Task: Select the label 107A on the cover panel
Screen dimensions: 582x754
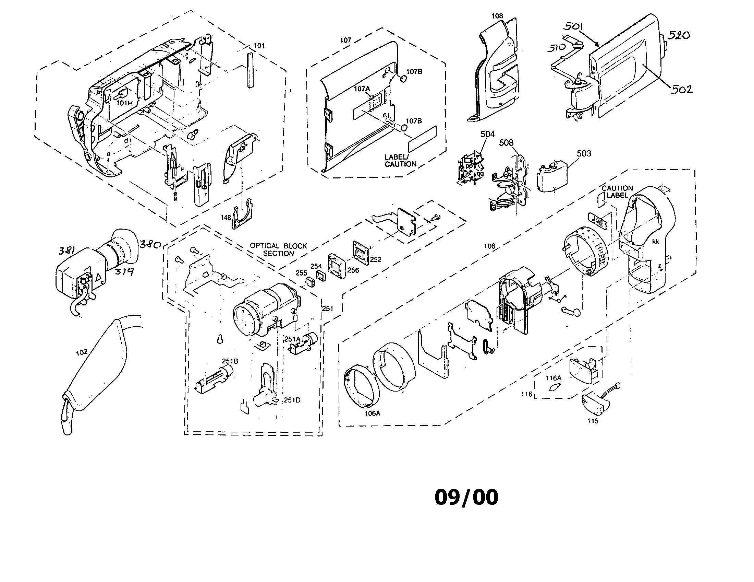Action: (362, 89)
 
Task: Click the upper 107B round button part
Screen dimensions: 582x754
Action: (402, 79)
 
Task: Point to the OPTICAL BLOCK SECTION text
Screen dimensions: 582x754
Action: (278, 249)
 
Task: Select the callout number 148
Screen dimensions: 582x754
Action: (226, 218)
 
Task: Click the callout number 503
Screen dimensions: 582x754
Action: (584, 153)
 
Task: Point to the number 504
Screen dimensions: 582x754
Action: (487, 134)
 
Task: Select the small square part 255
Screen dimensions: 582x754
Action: (310, 283)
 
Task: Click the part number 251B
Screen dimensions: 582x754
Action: (230, 361)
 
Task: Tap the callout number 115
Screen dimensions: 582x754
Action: (593, 421)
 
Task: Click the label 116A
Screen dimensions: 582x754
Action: (554, 378)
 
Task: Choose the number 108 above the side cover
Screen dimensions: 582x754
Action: (497, 16)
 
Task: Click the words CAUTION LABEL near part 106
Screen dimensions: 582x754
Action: (617, 191)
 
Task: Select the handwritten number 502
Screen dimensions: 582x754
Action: (682, 90)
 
